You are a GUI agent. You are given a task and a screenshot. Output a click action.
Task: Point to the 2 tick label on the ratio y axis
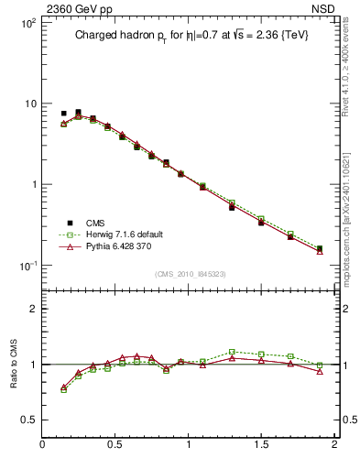[32, 309]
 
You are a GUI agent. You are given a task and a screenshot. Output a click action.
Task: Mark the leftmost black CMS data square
[63, 114]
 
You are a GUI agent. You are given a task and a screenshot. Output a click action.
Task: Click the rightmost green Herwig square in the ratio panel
[320, 365]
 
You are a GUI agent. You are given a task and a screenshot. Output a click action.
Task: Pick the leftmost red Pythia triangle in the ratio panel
[63, 387]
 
